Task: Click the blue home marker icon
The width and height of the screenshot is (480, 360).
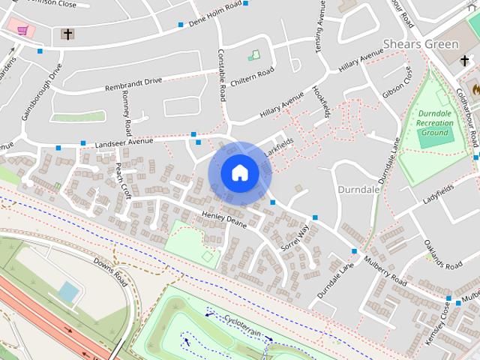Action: click(x=239, y=173)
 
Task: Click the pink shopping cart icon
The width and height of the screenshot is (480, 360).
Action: click(x=22, y=31)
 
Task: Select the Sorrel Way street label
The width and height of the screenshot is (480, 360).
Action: click(x=294, y=237)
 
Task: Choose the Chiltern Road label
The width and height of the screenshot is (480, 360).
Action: click(x=256, y=73)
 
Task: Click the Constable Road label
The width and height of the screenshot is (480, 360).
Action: click(x=222, y=76)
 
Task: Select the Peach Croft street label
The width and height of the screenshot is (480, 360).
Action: click(x=124, y=181)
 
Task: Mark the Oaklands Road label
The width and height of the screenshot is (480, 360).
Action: click(x=441, y=256)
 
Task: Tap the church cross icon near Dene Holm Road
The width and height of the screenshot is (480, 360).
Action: click(x=67, y=34)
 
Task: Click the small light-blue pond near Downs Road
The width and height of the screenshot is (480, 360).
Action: click(x=68, y=292)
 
